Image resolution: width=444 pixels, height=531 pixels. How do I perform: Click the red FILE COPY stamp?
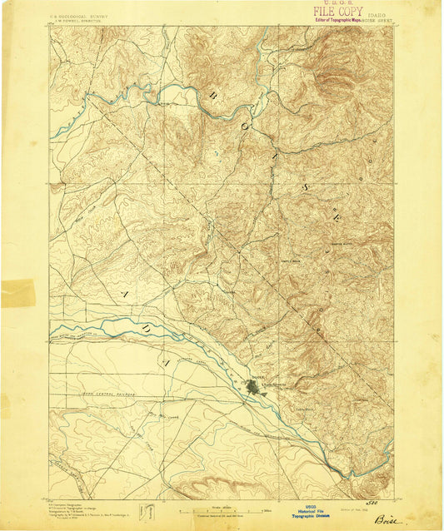(x=337, y=13)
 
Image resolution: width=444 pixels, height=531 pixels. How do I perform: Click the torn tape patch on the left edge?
(x=17, y=294)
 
